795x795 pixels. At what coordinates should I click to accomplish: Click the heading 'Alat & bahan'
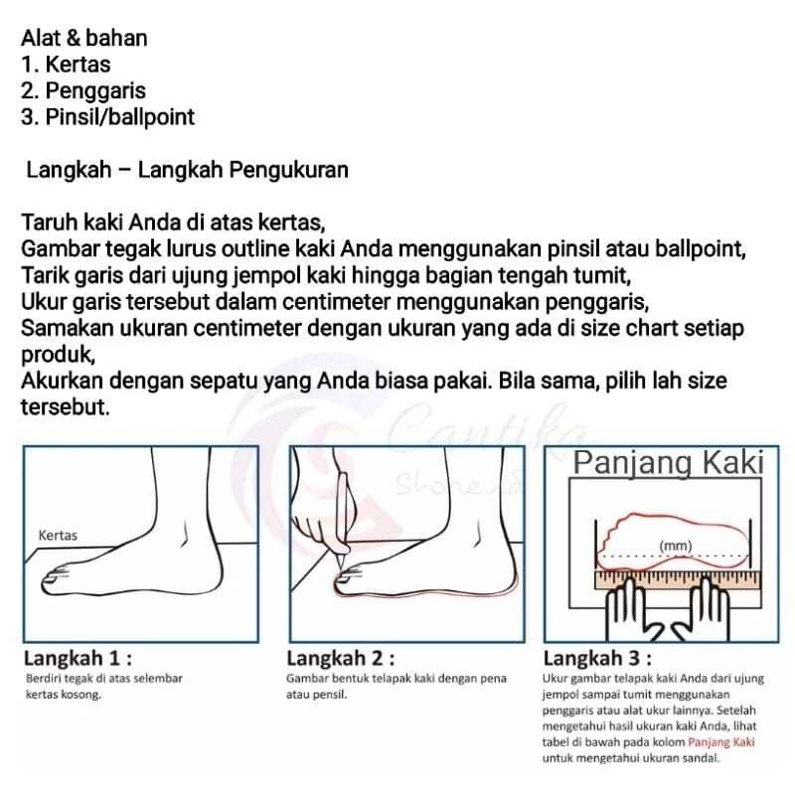point(84,39)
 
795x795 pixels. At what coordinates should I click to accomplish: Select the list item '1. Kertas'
point(65,66)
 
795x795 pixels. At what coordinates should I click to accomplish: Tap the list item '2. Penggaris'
point(83,91)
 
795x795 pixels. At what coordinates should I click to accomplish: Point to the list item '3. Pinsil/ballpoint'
point(107,117)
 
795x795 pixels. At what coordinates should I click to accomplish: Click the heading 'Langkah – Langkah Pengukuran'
point(187,170)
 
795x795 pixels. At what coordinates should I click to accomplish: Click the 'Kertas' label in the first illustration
point(57,536)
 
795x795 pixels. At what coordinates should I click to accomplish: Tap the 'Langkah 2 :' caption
point(340,659)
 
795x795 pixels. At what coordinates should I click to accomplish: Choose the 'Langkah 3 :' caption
point(597,659)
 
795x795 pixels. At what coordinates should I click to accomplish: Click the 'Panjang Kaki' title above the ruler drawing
point(668,463)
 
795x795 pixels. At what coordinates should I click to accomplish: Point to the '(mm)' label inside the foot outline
point(676,546)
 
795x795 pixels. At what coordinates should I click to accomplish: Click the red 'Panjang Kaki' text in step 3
point(723,742)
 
